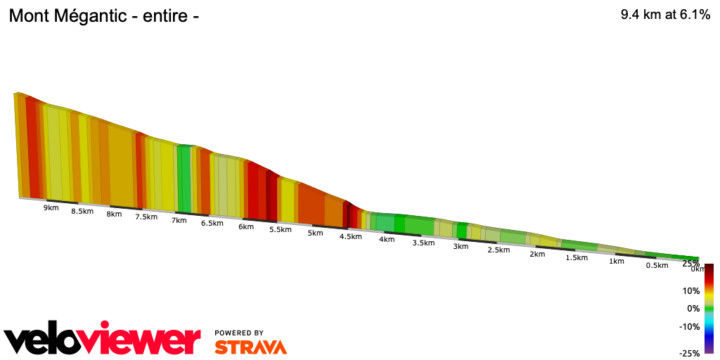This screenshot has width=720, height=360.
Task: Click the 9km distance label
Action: pos(51,207)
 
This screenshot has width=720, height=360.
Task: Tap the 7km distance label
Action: pos(179,220)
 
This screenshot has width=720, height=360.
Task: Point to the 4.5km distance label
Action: pos(350,237)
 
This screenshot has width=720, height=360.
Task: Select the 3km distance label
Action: pos(461,247)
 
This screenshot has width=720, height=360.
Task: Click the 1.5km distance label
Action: pos(577,258)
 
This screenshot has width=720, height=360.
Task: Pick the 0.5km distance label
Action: pos(657,265)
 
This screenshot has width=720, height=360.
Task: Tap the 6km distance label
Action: pos(246,226)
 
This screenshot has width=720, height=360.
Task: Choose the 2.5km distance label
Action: pos(498,250)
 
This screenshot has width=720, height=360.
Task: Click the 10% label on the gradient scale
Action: pos(691,290)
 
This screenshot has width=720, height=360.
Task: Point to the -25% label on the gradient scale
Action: pos(690,353)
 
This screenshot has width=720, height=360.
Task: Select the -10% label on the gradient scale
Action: pos(690,326)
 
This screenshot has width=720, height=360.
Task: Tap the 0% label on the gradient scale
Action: pos(693,308)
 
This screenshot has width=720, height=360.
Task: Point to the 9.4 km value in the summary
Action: pos(640,15)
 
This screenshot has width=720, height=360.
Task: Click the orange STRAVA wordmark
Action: pos(250,347)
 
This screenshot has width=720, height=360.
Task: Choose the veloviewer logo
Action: pos(103,340)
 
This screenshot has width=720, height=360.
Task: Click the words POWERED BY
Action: pos(239,333)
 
